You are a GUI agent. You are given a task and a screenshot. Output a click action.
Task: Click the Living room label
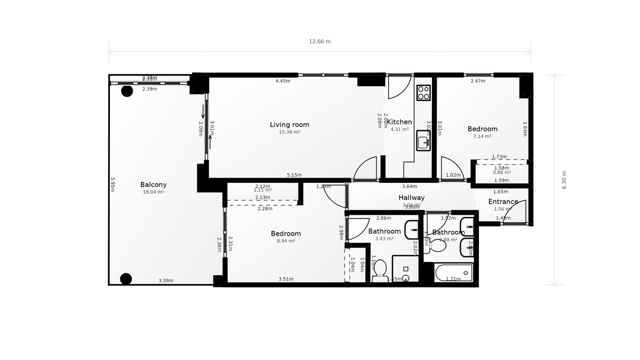click(289, 125)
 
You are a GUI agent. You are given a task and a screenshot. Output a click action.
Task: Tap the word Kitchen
click(399, 122)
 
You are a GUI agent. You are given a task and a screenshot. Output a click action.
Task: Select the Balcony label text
click(153, 185)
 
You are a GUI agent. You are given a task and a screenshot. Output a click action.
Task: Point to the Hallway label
click(411, 198)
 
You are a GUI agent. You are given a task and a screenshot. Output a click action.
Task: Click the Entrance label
click(503, 202)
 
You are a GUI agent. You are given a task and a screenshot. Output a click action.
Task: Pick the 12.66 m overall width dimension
click(319, 42)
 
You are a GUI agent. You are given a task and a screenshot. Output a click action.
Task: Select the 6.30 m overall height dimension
click(564, 180)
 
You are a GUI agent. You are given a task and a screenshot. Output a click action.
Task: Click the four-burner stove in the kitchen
click(423, 93)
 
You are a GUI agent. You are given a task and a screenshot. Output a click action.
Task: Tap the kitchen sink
click(423, 141)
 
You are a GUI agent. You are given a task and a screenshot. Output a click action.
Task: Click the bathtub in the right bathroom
click(453, 273)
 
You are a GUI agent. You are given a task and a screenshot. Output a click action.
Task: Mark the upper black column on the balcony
click(127, 91)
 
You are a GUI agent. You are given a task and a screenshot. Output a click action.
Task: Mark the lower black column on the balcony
click(126, 278)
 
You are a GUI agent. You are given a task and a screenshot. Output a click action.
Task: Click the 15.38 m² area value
click(289, 132)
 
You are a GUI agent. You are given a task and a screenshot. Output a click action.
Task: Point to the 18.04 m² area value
click(153, 192)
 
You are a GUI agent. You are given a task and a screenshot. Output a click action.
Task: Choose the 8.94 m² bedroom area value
click(285, 241)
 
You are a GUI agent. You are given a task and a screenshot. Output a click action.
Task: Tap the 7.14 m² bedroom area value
click(482, 136)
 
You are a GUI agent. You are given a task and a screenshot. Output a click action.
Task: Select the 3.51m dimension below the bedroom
click(286, 279)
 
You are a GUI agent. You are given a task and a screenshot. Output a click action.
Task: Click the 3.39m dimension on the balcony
click(166, 281)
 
